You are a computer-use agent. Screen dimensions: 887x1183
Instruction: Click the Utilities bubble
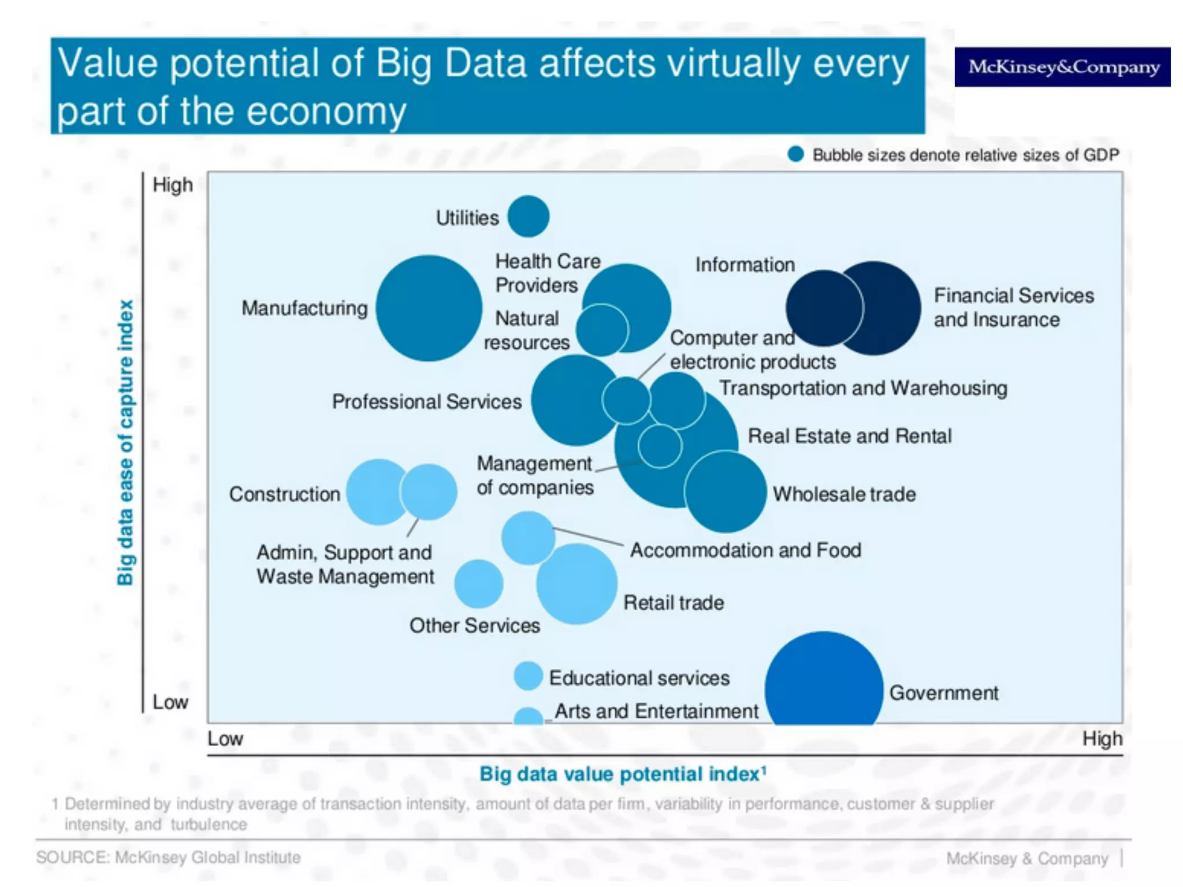528,217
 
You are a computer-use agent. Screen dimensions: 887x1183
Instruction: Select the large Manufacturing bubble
429,308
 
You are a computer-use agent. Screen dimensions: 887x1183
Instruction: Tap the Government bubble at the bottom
824,681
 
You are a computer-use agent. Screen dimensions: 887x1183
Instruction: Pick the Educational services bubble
528,676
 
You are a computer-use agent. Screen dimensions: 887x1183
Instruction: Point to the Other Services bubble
478,584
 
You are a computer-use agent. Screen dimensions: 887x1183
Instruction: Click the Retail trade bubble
576,584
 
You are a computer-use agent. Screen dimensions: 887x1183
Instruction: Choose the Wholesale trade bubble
726,492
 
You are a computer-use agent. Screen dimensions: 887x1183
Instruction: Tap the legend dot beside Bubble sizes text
795,154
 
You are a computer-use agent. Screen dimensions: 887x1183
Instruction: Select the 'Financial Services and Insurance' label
1013,307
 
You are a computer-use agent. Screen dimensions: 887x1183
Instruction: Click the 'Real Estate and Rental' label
849,436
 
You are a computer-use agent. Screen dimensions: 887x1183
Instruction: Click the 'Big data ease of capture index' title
125,442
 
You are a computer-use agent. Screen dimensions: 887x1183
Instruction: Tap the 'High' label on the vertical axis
172,185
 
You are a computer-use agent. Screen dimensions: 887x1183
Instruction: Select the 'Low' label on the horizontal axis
225,739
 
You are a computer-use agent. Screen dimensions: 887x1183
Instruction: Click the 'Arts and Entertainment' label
656,711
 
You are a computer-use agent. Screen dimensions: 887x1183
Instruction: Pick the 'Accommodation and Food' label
745,550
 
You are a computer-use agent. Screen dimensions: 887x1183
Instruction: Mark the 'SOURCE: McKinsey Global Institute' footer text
168,857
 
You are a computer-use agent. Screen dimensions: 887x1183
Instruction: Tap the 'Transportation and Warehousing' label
863,388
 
